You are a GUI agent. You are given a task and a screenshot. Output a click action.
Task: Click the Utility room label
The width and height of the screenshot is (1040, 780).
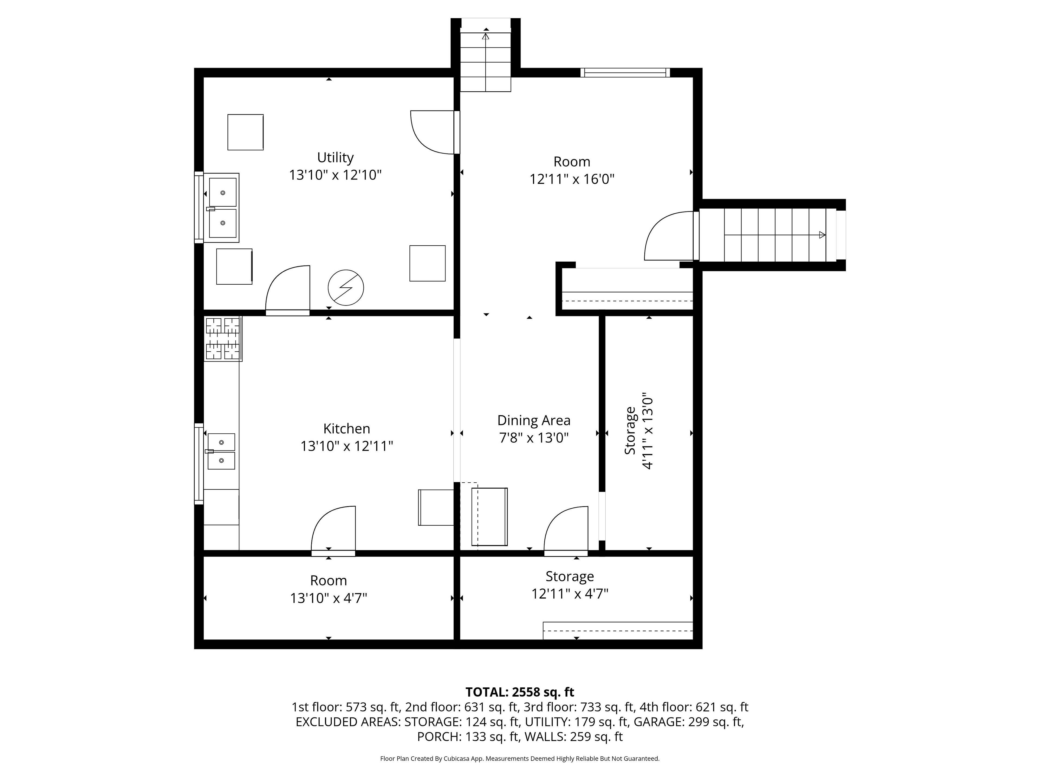(x=335, y=158)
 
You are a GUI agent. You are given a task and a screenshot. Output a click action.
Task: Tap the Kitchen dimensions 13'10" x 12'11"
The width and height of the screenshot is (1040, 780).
(x=347, y=446)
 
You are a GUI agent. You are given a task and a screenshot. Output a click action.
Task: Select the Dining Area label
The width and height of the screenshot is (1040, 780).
(x=534, y=420)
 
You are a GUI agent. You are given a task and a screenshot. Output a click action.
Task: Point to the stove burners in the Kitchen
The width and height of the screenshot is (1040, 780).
(x=223, y=339)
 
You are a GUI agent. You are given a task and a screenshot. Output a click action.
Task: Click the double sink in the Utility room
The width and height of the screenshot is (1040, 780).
(x=222, y=207)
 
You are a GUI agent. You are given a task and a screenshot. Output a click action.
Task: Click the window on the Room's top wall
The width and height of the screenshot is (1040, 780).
(x=625, y=72)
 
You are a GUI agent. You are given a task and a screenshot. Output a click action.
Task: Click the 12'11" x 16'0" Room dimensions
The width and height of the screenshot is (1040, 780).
(x=572, y=179)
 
